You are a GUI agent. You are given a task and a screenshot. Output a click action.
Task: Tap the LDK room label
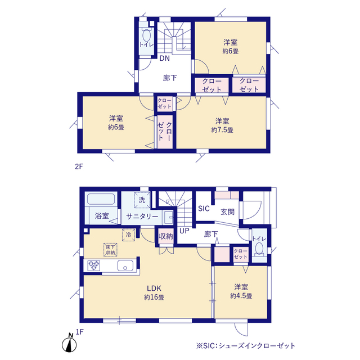pyautogui.click(x=154, y=288)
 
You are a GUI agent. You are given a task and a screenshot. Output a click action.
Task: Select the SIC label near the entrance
pyautogui.click(x=204, y=209)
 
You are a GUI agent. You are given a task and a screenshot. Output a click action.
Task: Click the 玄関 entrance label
pyautogui.click(x=227, y=211)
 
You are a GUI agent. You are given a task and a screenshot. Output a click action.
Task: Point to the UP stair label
pyautogui.click(x=184, y=231)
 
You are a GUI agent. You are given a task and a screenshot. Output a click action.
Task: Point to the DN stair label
pyautogui.click(x=165, y=58)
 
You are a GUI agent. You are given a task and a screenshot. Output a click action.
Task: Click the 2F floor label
pyautogui.click(x=79, y=166)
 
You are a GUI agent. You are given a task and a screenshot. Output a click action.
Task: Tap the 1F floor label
pyautogui.click(x=80, y=332)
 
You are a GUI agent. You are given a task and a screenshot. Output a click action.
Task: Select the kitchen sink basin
pyautogui.click(x=125, y=266)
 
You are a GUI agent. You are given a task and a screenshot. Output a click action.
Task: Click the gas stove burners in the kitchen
pyautogui.click(x=94, y=265)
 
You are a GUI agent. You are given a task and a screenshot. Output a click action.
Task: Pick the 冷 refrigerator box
pyautogui.click(x=129, y=235)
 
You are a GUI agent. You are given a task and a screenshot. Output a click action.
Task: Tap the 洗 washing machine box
pyautogui.click(x=142, y=200)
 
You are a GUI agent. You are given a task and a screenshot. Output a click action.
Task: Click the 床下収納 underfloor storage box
pyautogui.click(x=110, y=250)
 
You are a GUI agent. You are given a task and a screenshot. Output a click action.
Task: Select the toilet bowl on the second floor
pyautogui.click(x=146, y=35)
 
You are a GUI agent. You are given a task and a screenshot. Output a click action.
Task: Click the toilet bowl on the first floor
pyautogui.click(x=259, y=249)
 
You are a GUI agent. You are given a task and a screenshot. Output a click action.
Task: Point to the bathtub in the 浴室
pyautogui.click(x=101, y=199)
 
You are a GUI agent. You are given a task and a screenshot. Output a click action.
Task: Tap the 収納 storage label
pyautogui.click(x=166, y=236)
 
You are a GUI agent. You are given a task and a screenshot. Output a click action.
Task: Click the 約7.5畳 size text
pyautogui.click(x=222, y=130)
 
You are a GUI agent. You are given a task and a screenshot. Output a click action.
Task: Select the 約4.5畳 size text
pyautogui.click(x=241, y=296)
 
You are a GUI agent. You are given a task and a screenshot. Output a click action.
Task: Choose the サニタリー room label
pyautogui.click(x=142, y=216)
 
